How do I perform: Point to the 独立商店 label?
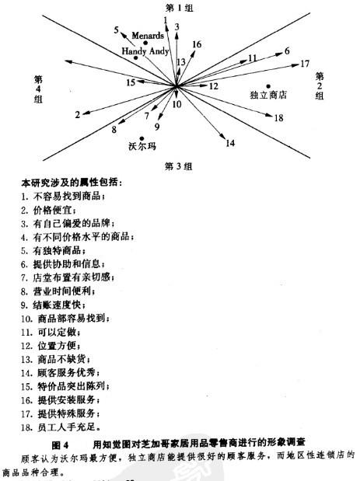tap(268, 96)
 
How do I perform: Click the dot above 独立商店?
tap(267, 85)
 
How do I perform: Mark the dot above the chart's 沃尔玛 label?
tap(142, 138)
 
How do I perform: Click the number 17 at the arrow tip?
tap(304, 64)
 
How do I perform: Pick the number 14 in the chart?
tap(229, 143)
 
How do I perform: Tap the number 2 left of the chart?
tap(78, 114)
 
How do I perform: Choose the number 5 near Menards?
tap(116, 30)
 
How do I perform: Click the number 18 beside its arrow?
tap(278, 117)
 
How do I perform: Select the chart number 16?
tap(197, 45)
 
